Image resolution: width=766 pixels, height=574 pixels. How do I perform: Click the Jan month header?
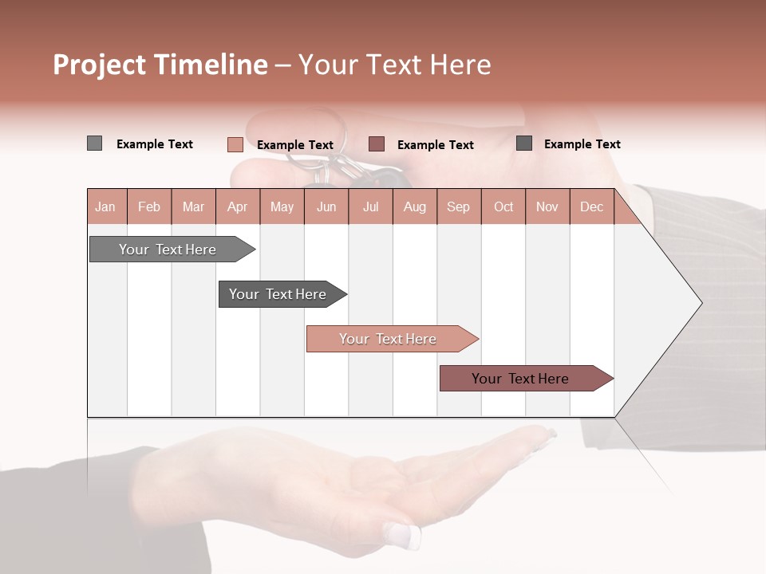tap(105, 207)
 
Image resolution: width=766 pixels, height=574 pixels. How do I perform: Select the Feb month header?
tap(149, 207)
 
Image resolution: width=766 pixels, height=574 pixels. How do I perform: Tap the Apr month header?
tap(237, 207)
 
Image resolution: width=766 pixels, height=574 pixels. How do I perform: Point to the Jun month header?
tap(326, 207)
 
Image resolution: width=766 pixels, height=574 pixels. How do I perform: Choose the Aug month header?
tap(414, 207)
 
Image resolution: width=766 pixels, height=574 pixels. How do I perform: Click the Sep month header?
tap(458, 207)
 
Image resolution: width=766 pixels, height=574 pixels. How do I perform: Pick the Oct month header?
tap(503, 207)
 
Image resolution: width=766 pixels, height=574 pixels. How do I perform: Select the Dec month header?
tap(591, 207)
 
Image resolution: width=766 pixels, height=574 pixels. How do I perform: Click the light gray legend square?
tap(94, 143)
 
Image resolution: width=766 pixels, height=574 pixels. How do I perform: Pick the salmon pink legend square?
tap(235, 144)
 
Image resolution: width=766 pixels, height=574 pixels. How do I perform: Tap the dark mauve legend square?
tap(377, 144)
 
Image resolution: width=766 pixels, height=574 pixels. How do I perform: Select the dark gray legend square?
tap(524, 143)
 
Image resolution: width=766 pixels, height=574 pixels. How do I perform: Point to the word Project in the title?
tap(98, 65)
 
